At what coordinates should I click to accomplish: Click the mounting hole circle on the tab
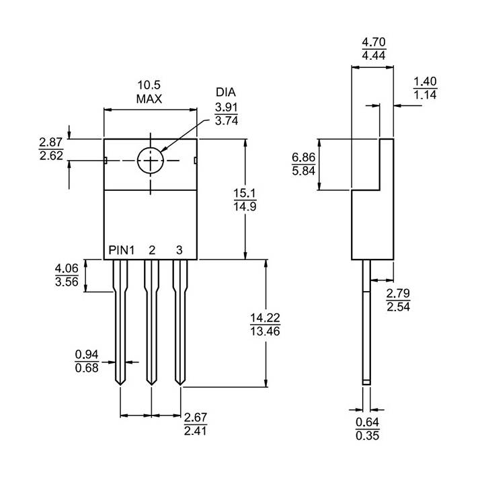(151, 161)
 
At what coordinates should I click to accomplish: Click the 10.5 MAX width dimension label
(150, 92)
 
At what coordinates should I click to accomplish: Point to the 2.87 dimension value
(51, 142)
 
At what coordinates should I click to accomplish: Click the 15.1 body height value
(245, 194)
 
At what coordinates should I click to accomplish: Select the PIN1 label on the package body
(122, 250)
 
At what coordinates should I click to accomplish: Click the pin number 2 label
(152, 250)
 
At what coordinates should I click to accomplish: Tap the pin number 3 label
(179, 250)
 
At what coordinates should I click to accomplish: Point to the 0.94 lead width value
(87, 354)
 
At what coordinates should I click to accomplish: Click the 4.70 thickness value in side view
(374, 42)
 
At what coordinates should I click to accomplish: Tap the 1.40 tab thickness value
(425, 81)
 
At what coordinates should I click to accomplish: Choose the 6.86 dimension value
(303, 157)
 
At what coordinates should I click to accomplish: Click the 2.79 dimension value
(398, 293)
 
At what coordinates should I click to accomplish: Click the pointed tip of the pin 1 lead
(120, 383)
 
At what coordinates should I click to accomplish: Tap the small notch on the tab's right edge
(195, 160)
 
